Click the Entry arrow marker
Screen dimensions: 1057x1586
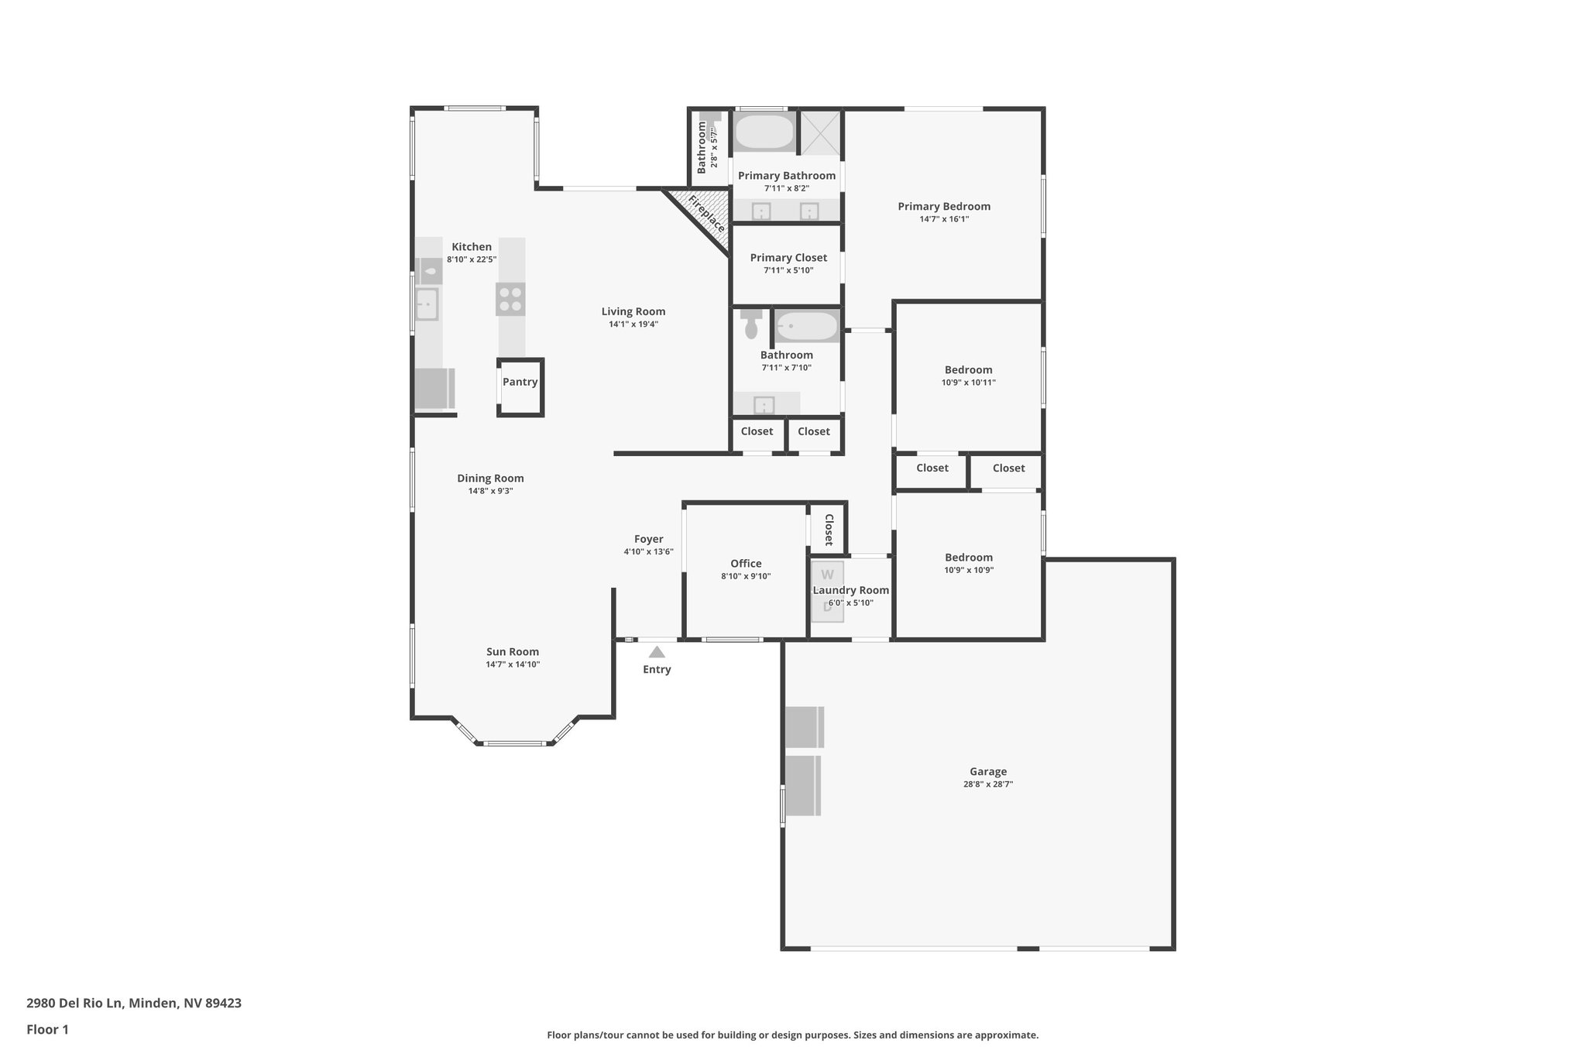(657, 652)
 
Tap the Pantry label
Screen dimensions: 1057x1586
(520, 382)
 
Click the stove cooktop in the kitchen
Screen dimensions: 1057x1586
(510, 299)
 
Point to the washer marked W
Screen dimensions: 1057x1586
(827, 575)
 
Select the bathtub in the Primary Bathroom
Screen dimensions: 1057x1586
(764, 132)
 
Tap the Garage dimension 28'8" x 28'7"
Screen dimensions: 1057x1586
(987, 784)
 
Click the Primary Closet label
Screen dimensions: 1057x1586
(788, 258)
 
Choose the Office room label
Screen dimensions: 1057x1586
(746, 564)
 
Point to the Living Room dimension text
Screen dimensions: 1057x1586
(633, 324)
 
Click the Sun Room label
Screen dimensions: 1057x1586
(512, 652)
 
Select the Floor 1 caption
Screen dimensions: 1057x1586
(47, 1029)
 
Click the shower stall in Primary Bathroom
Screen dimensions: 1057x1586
(819, 132)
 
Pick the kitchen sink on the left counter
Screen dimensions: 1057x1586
(426, 304)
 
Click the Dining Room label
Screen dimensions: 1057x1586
(490, 479)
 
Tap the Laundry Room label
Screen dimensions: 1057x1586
(850, 590)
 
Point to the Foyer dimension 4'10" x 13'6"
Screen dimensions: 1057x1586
(648, 552)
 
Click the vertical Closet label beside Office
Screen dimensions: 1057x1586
(828, 530)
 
